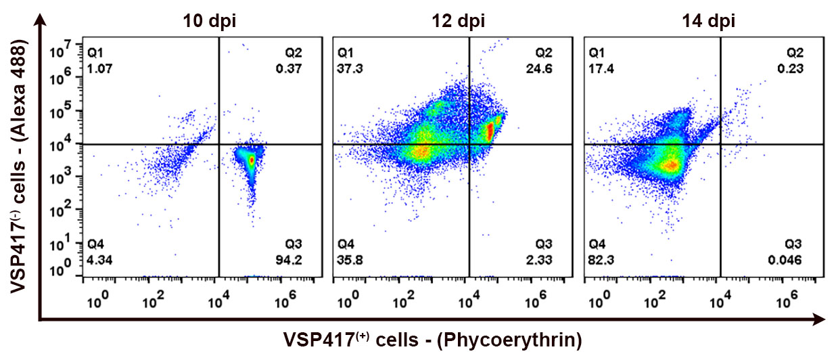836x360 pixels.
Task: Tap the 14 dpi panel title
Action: point(709,21)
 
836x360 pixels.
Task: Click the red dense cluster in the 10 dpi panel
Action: point(251,160)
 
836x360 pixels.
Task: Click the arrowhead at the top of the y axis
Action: point(42,21)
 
